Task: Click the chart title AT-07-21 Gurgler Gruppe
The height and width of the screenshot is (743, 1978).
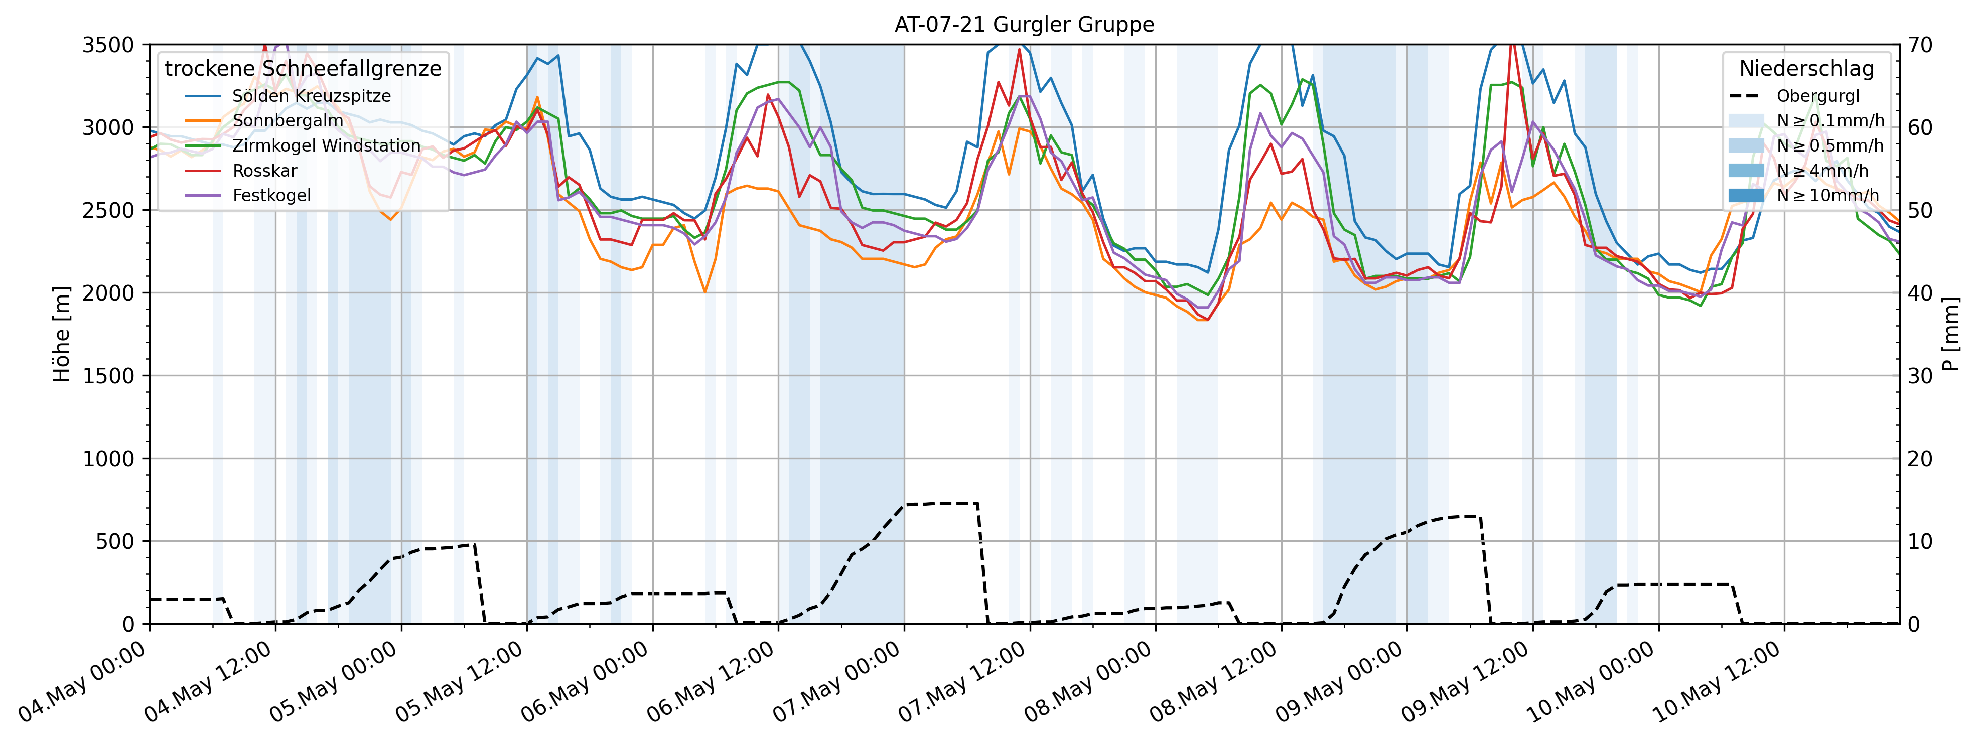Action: coord(1024,25)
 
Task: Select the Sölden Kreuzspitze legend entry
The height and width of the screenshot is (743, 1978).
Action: coord(311,96)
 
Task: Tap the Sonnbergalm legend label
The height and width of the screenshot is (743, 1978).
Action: coord(288,120)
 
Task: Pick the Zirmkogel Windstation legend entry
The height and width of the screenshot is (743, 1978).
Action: coord(326,146)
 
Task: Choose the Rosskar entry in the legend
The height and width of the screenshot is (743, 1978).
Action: coord(265,171)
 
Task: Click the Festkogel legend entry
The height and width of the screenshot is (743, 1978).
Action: coord(272,195)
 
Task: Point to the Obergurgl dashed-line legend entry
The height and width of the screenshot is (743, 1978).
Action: coord(1817,96)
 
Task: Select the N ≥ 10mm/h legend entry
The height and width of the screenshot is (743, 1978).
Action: coord(1827,195)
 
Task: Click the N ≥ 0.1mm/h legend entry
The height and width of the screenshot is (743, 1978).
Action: coord(1830,120)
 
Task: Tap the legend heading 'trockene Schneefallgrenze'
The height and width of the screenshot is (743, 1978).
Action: coord(303,68)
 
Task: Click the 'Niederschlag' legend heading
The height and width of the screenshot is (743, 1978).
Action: coord(1806,68)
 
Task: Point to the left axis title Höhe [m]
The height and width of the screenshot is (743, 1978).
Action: coord(61,334)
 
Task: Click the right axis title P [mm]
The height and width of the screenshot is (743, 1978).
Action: coord(1951,334)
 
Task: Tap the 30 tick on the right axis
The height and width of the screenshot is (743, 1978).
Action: coord(1920,375)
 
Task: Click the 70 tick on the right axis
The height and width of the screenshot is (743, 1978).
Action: coord(1920,45)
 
